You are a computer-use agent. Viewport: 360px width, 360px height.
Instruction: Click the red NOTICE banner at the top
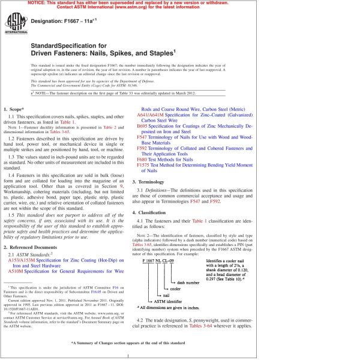point(180,5)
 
